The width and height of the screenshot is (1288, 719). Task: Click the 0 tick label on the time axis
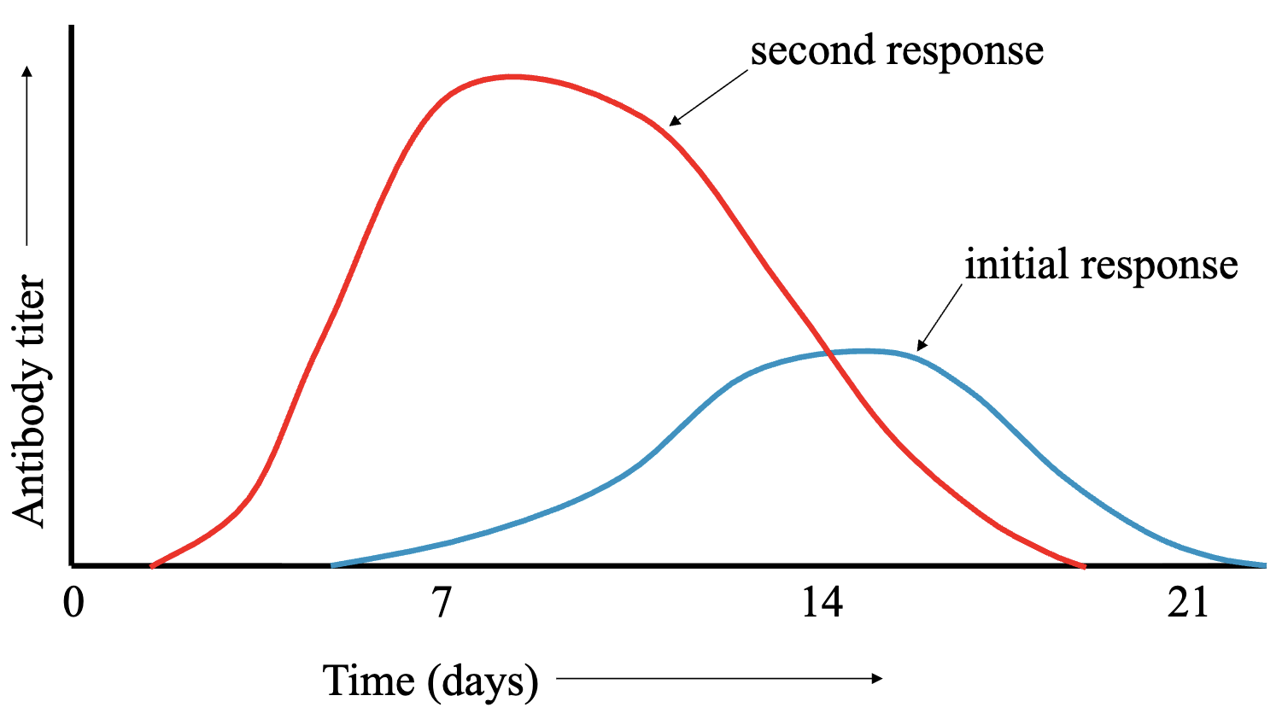74,603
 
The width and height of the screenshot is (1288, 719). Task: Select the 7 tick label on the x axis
441,603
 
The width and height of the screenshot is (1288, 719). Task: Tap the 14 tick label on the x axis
822,603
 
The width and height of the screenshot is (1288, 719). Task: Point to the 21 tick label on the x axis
1189,603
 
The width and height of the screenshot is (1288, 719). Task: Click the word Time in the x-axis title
370,681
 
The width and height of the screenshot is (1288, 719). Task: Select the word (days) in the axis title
483,682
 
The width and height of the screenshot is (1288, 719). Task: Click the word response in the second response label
964,52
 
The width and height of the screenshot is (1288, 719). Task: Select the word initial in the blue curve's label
1016,264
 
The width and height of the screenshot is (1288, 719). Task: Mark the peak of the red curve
511,77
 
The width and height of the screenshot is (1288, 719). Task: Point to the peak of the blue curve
866,350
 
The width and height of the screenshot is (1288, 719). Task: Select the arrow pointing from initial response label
939,317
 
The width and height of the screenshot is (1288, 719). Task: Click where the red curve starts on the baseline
152,565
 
